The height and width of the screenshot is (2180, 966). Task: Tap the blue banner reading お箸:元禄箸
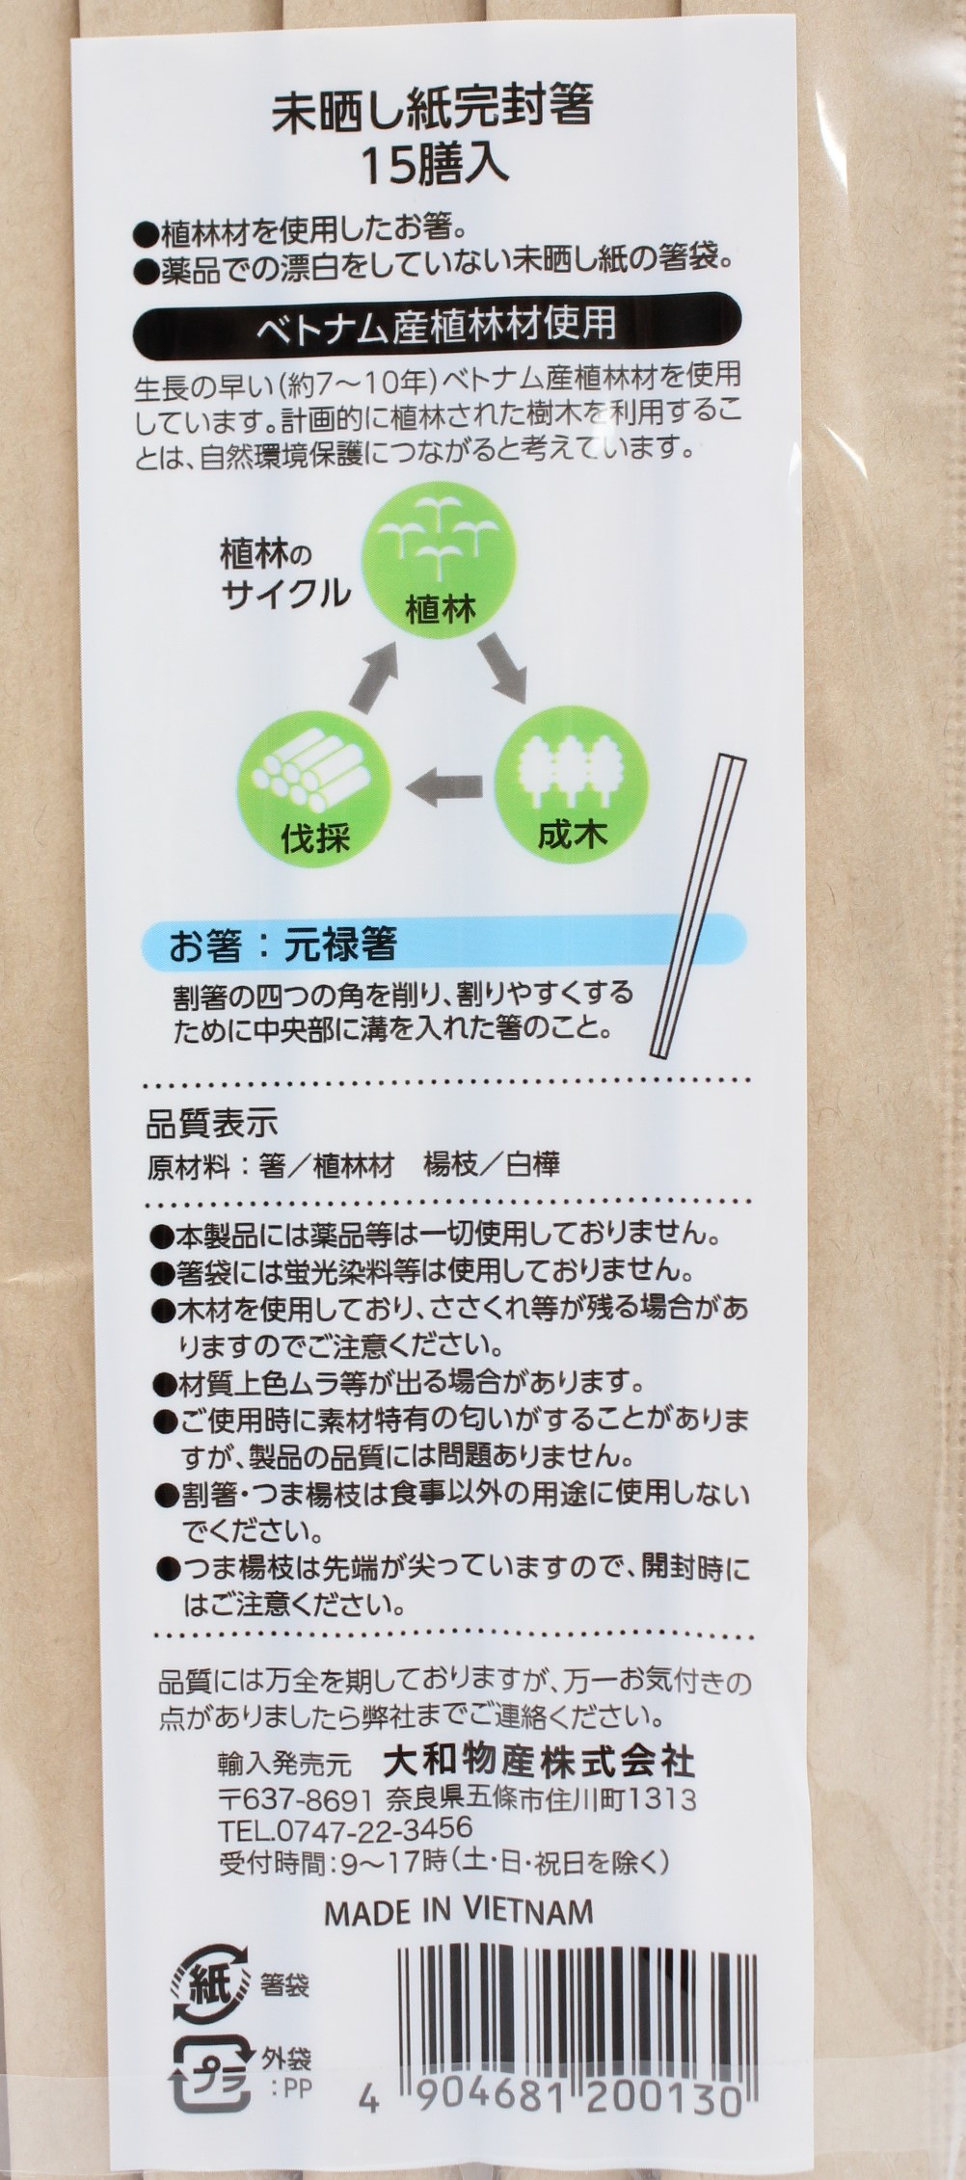click(x=443, y=947)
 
